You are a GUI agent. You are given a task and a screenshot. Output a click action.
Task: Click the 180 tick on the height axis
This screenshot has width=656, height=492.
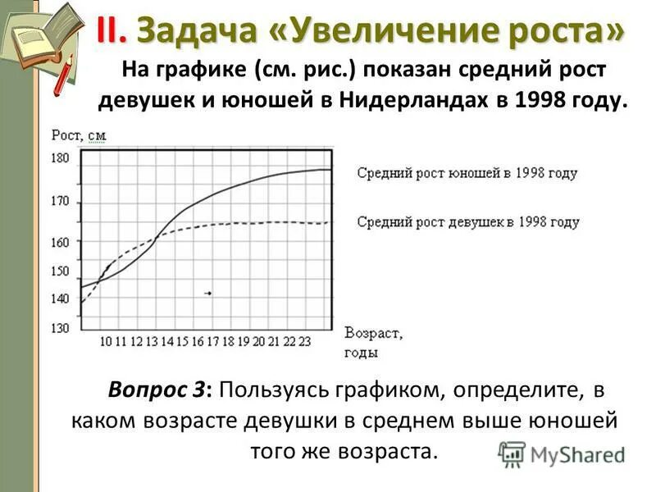(61, 158)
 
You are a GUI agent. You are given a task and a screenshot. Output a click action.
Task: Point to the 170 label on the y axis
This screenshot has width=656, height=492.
(61, 202)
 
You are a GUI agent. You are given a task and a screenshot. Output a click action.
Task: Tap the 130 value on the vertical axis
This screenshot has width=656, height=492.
(61, 328)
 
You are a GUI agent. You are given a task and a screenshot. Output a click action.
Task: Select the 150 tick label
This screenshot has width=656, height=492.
(61, 271)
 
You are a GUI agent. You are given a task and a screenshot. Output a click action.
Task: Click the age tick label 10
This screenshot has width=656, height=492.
(106, 341)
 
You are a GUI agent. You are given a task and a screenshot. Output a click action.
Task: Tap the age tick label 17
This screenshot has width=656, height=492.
(212, 341)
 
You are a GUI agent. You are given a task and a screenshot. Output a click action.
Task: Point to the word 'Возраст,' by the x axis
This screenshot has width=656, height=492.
(374, 334)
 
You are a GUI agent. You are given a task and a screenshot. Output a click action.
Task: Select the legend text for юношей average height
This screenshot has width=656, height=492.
(467, 174)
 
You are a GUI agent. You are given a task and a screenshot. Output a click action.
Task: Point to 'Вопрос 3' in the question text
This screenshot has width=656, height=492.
(157, 389)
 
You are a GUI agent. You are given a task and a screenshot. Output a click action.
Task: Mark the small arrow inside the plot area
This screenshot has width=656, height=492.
(207, 293)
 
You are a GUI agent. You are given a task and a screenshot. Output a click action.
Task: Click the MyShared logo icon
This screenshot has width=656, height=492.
(512, 453)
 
